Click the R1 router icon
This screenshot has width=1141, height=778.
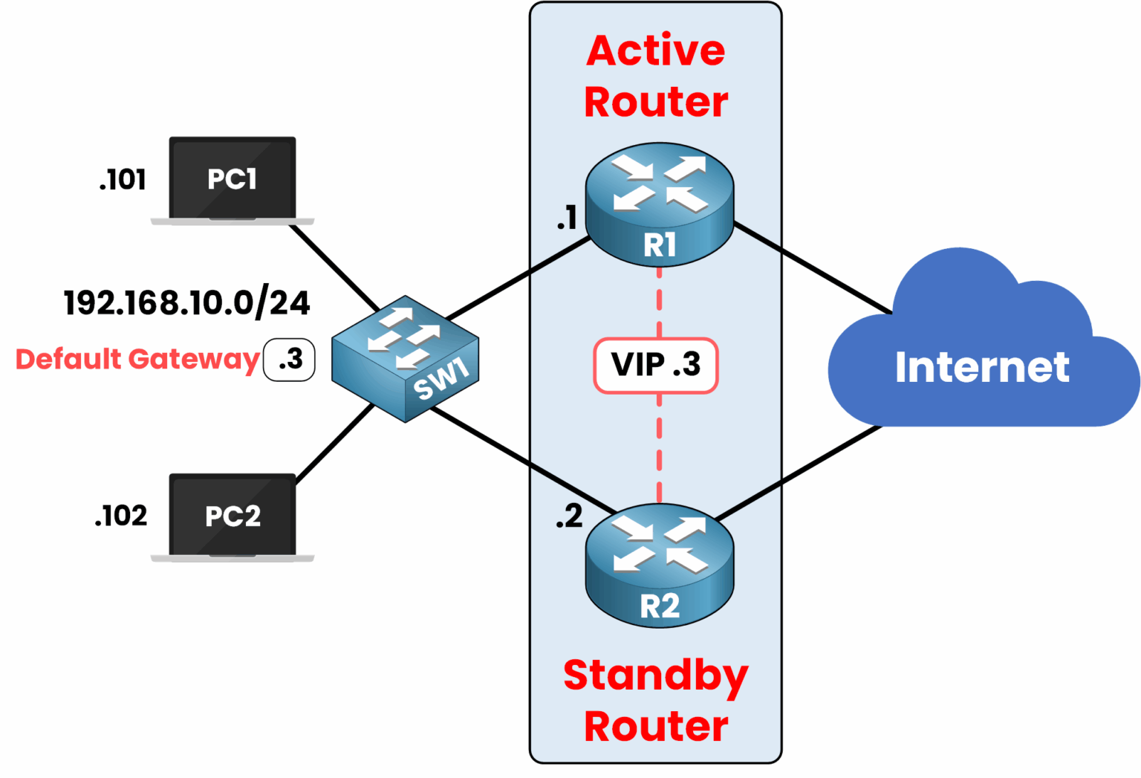(x=659, y=204)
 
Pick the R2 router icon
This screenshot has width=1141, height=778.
(x=659, y=565)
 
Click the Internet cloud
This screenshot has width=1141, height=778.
(x=982, y=357)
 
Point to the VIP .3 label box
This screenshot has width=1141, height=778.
(x=656, y=365)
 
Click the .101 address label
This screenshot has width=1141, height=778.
(x=123, y=180)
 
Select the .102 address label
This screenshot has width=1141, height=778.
(x=121, y=516)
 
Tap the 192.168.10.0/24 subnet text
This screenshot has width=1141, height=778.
(x=187, y=303)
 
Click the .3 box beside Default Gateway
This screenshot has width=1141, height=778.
(x=290, y=360)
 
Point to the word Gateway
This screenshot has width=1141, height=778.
(x=194, y=360)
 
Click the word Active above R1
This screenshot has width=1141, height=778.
(x=656, y=51)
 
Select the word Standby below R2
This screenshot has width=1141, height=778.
(x=656, y=675)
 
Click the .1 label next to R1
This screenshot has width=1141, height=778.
(x=568, y=218)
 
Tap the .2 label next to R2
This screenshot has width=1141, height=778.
(x=569, y=516)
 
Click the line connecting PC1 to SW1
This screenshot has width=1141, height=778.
(x=334, y=268)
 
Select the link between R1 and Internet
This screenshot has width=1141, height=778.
(x=813, y=268)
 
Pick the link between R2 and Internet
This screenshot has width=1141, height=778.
(x=799, y=472)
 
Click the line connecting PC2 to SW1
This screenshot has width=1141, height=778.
(x=334, y=444)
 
